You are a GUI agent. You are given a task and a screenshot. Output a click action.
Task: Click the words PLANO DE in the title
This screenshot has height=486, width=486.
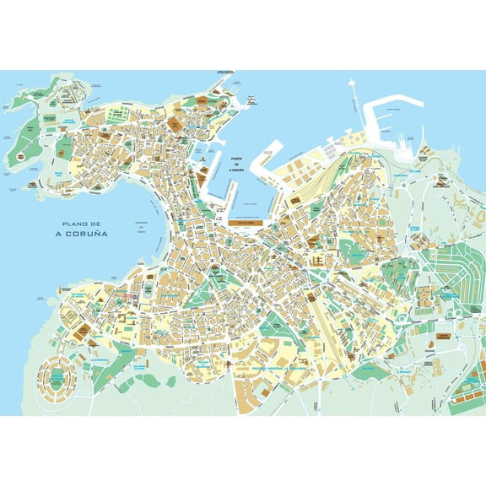74,223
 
